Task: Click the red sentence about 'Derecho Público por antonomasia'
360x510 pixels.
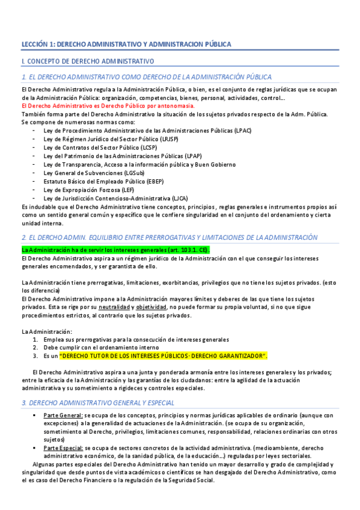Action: (108, 106)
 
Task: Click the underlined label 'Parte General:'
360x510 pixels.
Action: (63, 415)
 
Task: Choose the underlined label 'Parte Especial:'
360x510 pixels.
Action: (64, 448)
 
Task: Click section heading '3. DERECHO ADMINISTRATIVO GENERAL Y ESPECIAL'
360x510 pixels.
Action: (98, 402)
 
